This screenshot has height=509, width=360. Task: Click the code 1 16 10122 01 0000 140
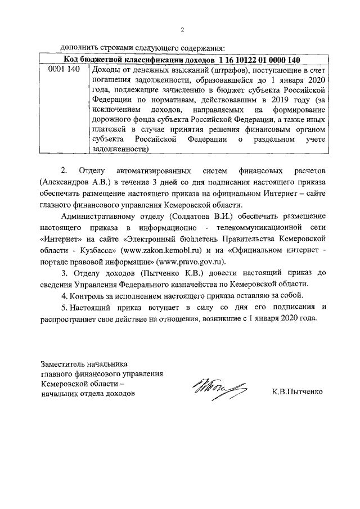point(260,60)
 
